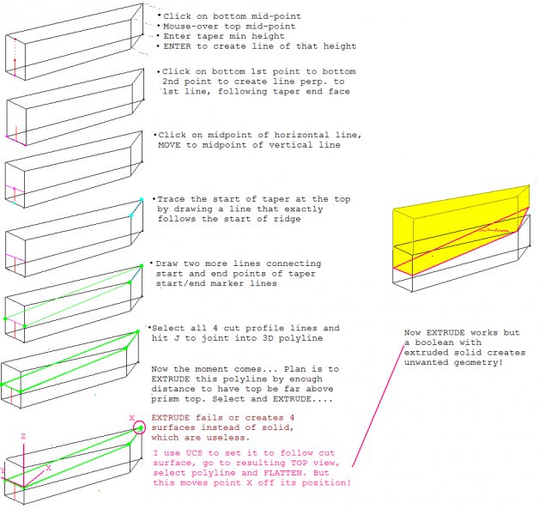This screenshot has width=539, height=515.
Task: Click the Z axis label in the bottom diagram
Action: [x=24, y=437]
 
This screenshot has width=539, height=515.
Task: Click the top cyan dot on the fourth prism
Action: [x=142, y=199]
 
